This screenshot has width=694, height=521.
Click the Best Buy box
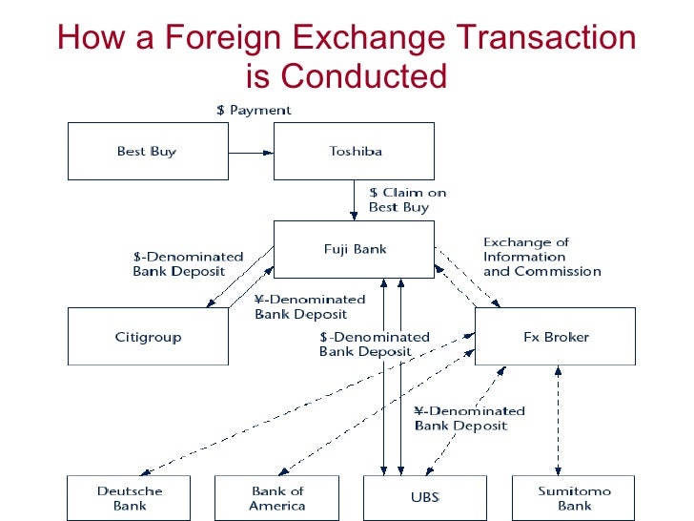pos(148,152)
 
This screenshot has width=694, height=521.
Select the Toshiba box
pos(354,152)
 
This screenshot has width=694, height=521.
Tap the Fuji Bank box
pos(354,250)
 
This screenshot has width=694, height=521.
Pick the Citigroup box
pos(148,336)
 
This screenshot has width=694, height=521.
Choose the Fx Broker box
pos(554,336)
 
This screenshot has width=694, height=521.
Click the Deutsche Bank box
pos(130,498)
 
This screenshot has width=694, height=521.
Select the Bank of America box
pos(276,498)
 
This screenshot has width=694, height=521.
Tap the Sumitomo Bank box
pos(574,498)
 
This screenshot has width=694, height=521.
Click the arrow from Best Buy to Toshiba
pos(251,151)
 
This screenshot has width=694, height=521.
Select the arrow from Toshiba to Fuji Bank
pos(355,199)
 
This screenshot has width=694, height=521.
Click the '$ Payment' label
pos(253,110)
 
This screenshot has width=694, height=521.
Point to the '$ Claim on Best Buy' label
pos(407,199)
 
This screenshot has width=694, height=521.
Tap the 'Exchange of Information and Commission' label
pos(541,257)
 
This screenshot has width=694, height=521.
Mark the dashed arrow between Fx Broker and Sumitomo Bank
pos(556,420)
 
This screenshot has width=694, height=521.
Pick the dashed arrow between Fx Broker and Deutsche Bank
pos(305,405)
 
